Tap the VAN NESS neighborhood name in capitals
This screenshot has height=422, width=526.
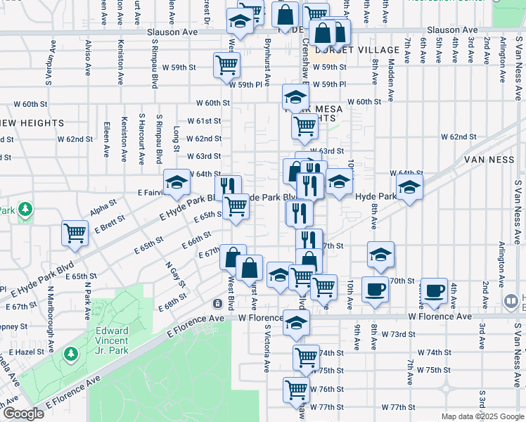coord(491,160)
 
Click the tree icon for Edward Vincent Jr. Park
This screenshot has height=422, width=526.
coord(70,352)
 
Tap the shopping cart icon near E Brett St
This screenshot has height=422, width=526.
coord(75,233)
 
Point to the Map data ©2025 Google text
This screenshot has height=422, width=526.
coord(482,416)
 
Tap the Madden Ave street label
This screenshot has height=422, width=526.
coord(391,72)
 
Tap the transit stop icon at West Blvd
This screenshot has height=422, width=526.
coord(218,303)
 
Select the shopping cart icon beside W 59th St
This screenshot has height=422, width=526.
coord(227,65)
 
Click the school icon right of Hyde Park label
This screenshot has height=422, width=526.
coord(409,187)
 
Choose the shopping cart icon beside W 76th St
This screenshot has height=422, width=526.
coord(297,388)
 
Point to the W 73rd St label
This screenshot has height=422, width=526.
coord(396,333)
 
